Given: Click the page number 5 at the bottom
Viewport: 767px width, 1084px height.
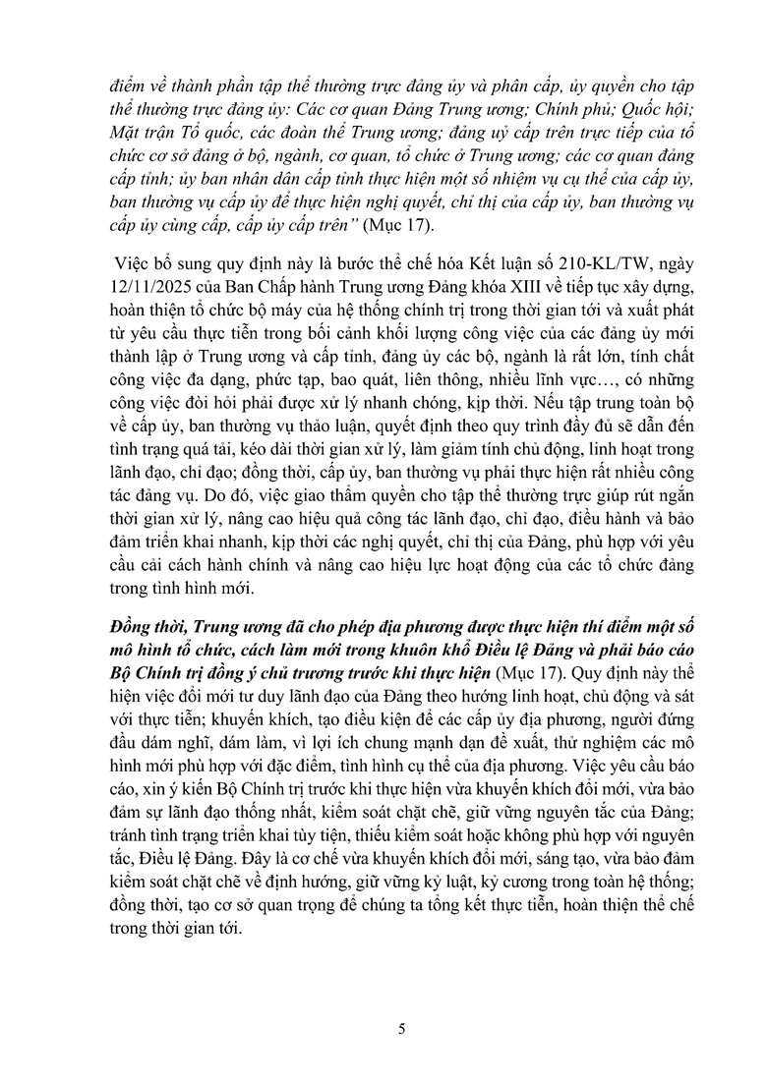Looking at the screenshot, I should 400,1029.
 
